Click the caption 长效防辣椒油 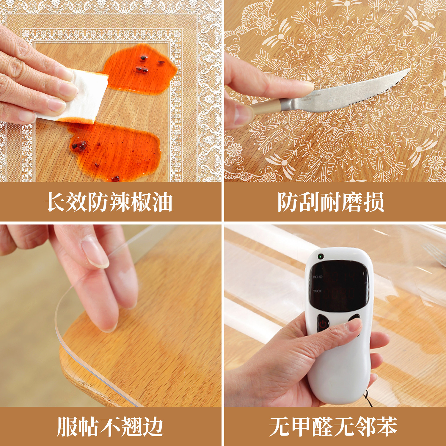pyautogui.click(x=109, y=202)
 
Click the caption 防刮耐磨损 pyautogui.click(x=331, y=202)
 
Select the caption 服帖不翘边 pyautogui.click(x=110, y=427)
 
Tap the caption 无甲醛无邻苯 pyautogui.click(x=333, y=427)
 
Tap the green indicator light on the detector pyautogui.click(x=321, y=256)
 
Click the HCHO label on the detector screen pyautogui.click(x=317, y=277)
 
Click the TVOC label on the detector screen pyautogui.click(x=317, y=291)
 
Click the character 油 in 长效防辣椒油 pyautogui.click(x=162, y=202)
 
